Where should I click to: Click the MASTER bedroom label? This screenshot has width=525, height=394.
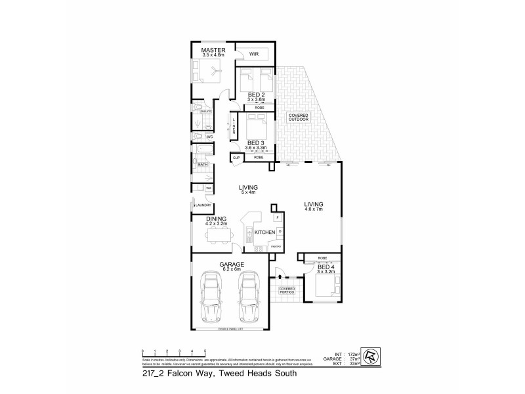point(213,51)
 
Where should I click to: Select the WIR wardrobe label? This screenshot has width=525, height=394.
point(253,54)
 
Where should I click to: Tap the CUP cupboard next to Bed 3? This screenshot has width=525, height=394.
point(236,158)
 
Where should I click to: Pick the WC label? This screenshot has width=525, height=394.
point(209,137)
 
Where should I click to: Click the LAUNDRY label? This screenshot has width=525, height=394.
point(201,206)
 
